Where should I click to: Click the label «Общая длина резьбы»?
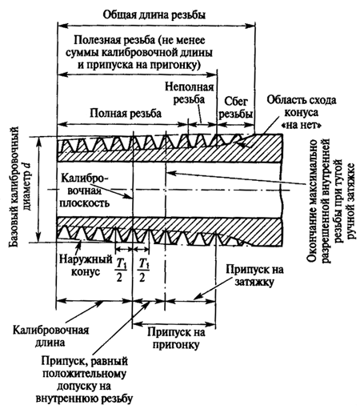pyautogui.click(x=154, y=14)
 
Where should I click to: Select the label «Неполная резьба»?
pyautogui.click(x=189, y=93)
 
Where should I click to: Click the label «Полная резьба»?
pyautogui.click(x=126, y=113)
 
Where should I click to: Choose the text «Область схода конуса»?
pyautogui.click(x=302, y=106)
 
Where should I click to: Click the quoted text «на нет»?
pyautogui.click(x=302, y=125)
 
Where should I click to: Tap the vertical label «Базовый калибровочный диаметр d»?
pyautogui.click(x=19, y=186)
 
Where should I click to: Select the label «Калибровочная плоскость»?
pyautogui.click(x=85, y=190)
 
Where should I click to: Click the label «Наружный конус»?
pyautogui.click(x=86, y=266)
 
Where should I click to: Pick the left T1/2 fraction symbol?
pyautogui.click(x=119, y=271)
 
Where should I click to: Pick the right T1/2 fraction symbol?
pyautogui.click(x=142, y=271)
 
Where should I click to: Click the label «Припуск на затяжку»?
pyautogui.click(x=254, y=275)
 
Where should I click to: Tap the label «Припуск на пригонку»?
pyautogui.click(x=176, y=339)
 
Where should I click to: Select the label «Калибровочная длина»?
pyautogui.click(x=51, y=336)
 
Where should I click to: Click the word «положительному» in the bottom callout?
pyautogui.click(x=85, y=374)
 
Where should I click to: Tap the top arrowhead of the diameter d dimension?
pyautogui.click(x=39, y=142)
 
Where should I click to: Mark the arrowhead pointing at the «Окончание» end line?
pyautogui.click(x=171, y=173)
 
